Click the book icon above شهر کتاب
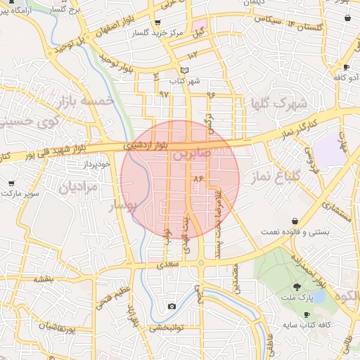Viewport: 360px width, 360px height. pyautogui.click(x=185, y=71)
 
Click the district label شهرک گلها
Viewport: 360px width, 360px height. pyautogui.click(x=279, y=104)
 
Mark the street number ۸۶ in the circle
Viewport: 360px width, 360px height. pyautogui.click(x=198, y=180)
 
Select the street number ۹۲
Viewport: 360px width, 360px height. pyautogui.click(x=165, y=94)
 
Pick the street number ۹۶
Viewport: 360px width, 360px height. pyautogui.click(x=211, y=94)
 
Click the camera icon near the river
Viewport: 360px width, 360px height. pyautogui.click(x=172, y=307)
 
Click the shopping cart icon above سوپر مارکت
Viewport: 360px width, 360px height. pyautogui.click(x=11, y=183)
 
